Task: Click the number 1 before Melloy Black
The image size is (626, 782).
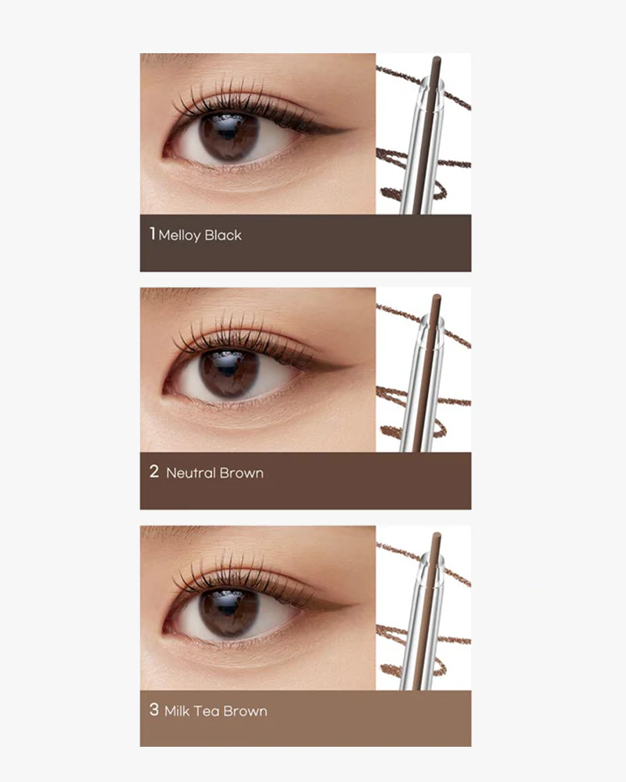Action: [x=153, y=233]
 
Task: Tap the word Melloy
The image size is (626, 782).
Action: [x=180, y=235]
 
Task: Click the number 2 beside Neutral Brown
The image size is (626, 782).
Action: [x=154, y=471]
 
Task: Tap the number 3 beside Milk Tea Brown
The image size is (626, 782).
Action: [x=154, y=709]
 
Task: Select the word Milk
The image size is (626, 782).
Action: [x=177, y=711]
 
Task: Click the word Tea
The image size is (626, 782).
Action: [x=206, y=711]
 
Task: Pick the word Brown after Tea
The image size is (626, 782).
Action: [x=245, y=711]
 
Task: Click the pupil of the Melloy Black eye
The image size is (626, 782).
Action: [x=229, y=134]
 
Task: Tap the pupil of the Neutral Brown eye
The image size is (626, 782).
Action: [x=229, y=371]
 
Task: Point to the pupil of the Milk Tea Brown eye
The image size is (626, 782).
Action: [x=229, y=609]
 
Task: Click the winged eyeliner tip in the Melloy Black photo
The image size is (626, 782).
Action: [x=351, y=129]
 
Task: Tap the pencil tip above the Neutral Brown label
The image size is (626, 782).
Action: [x=437, y=298]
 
